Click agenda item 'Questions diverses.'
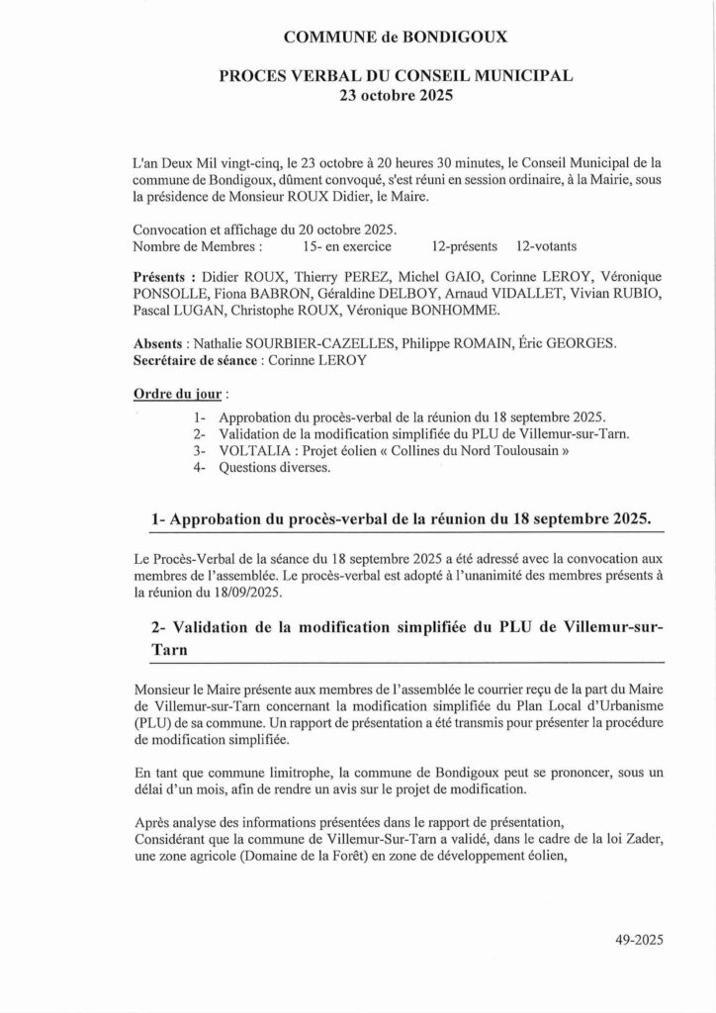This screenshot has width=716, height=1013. pyautogui.click(x=276, y=468)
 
